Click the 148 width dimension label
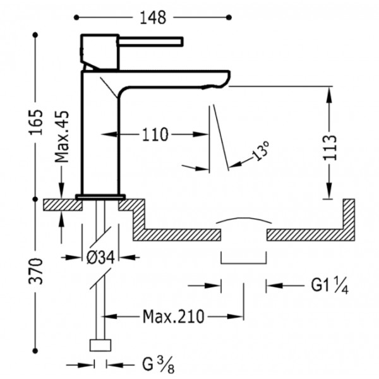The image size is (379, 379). click(x=153, y=18)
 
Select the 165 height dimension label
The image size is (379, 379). click(x=36, y=122)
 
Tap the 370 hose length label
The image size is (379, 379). click(x=36, y=271)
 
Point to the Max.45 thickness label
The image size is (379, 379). click(x=62, y=136)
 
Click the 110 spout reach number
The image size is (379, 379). click(x=155, y=135)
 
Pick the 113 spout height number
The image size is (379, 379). click(x=330, y=147)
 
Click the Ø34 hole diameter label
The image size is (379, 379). click(x=100, y=257)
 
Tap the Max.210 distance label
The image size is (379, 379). click(x=174, y=316)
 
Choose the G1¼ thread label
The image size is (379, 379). click(x=330, y=286)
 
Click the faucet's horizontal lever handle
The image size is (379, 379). click(x=150, y=41)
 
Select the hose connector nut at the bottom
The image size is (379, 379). click(x=100, y=345)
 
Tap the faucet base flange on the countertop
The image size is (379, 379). click(x=100, y=197)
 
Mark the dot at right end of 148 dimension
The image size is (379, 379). click(x=229, y=18)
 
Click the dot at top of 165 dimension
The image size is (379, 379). click(x=35, y=35)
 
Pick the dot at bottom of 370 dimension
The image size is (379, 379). click(x=35, y=351)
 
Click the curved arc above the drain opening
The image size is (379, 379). click(x=244, y=219)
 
